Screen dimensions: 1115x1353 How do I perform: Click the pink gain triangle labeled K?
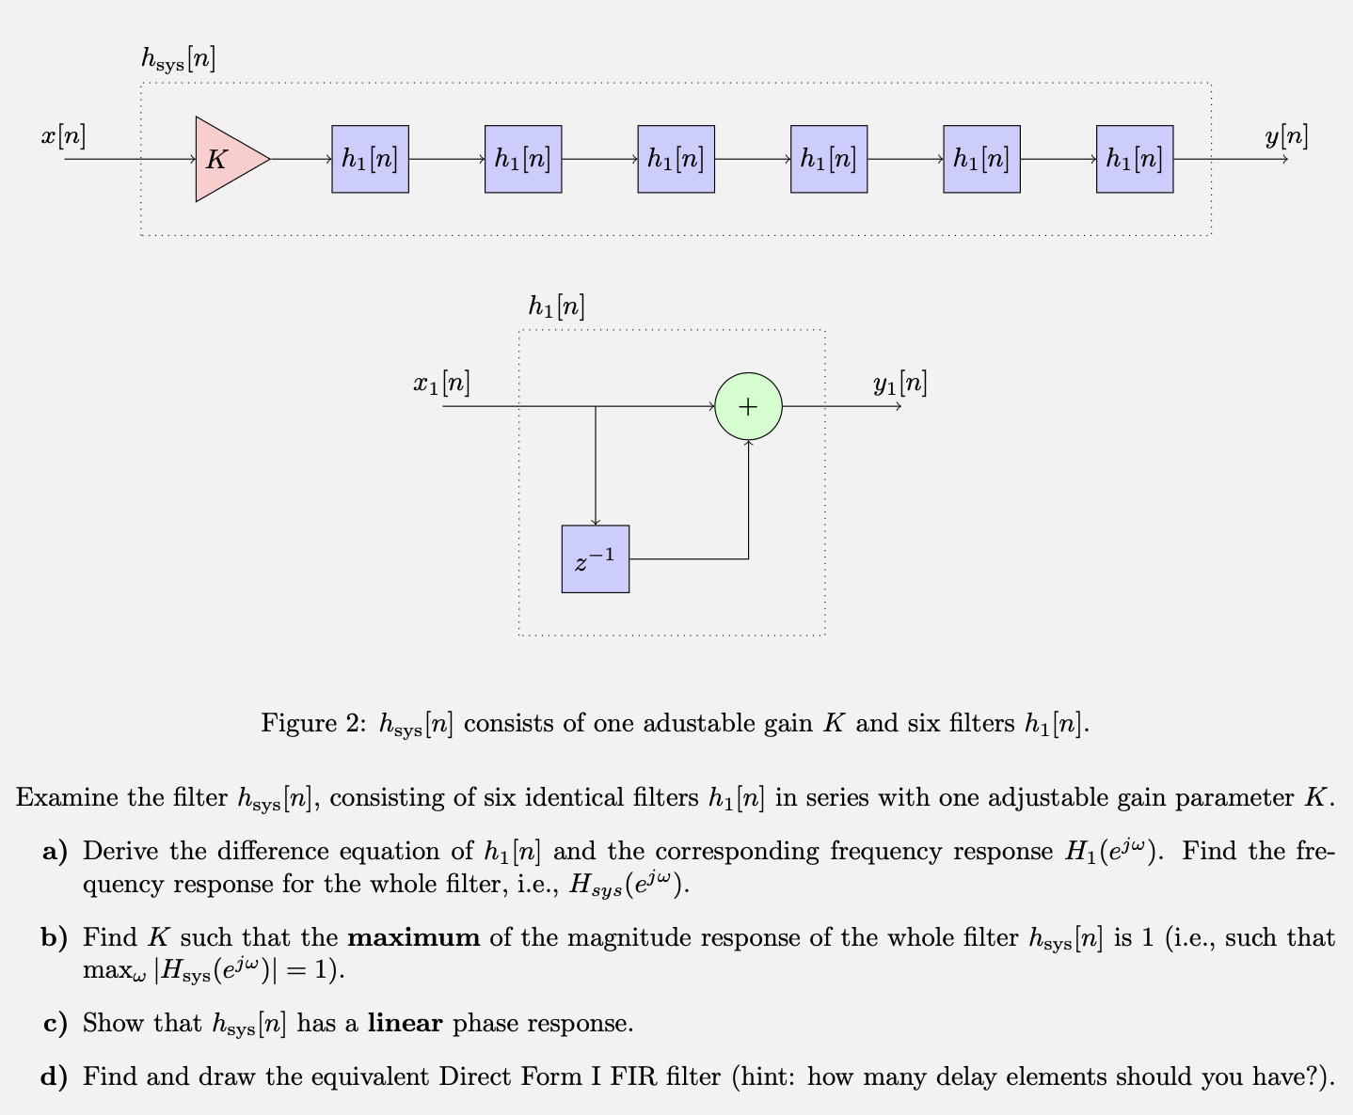tap(226, 159)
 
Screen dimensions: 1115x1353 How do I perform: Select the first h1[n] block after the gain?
tap(370, 159)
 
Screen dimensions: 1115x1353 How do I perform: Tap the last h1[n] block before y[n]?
tap(1134, 159)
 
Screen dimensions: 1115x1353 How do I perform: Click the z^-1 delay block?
tap(595, 559)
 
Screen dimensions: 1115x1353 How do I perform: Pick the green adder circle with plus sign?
tap(748, 406)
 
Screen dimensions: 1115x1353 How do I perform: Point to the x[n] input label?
tap(63, 136)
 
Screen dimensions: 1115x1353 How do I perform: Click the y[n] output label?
tap(1286, 136)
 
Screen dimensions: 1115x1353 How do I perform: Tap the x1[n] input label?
tap(441, 384)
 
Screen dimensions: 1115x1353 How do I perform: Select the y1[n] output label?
tap(899, 384)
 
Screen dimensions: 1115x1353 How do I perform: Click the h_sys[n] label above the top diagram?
tap(178, 59)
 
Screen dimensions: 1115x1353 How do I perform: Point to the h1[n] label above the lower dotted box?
tap(556, 306)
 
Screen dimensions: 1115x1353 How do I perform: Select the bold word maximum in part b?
tap(414, 937)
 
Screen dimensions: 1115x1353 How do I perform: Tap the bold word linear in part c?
tap(405, 1023)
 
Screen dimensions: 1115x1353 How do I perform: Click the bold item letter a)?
tap(55, 852)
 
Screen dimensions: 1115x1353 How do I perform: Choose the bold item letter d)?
tap(55, 1076)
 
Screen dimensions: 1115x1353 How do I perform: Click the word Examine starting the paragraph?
tap(67, 798)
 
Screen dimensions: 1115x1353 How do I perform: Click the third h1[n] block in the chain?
tap(676, 159)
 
